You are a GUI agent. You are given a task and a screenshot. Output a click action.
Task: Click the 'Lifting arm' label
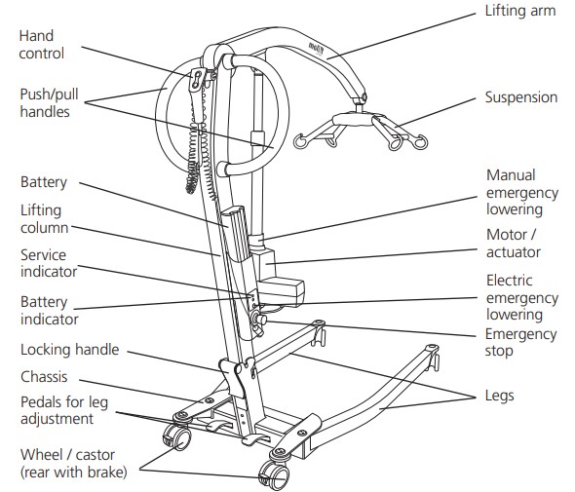520,13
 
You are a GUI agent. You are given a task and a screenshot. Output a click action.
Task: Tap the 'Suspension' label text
521,97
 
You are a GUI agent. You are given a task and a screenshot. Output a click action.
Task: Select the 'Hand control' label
42,45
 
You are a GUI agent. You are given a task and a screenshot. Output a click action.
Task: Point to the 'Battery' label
44,182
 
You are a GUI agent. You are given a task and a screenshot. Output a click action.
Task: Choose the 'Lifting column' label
42,219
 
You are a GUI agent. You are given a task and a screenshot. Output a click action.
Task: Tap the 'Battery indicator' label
50,310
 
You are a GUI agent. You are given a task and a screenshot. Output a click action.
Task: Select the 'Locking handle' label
69,350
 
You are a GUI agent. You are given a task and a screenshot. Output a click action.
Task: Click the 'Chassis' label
44,376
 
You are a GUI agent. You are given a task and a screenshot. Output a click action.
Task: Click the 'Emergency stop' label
521,343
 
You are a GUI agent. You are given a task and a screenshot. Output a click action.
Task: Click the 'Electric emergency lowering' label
521,297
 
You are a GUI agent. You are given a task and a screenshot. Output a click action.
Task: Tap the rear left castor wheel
177,439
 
